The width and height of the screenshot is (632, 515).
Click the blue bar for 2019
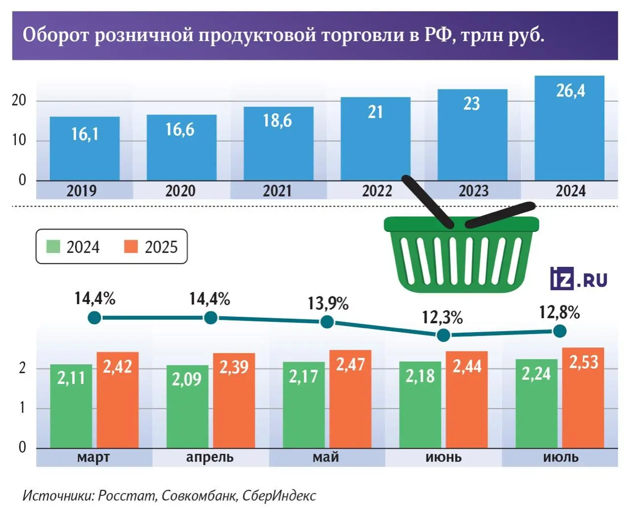[x=84, y=148]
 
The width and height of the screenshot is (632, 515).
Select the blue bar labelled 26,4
[x=569, y=129]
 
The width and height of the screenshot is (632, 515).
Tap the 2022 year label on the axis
[x=377, y=191]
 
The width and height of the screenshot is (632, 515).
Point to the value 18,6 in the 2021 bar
[x=277, y=120]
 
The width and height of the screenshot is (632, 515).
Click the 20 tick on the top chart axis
[x=19, y=100]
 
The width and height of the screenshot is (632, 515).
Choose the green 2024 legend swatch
[x=53, y=246]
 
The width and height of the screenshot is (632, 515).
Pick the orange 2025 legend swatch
[x=131, y=246]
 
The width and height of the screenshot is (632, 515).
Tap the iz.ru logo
[x=578, y=279]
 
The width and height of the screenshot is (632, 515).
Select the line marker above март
[x=94, y=317]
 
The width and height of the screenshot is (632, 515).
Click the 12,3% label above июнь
[x=442, y=317]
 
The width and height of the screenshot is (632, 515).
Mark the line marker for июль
[x=559, y=331]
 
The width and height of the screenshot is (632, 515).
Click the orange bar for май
[x=350, y=400]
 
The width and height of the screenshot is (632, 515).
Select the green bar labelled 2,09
[x=187, y=408]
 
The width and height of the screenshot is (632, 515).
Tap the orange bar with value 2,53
[x=583, y=398]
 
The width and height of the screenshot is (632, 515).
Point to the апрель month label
[x=210, y=457]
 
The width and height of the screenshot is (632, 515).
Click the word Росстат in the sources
[x=127, y=495]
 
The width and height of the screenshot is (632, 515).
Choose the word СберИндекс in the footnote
[x=279, y=495]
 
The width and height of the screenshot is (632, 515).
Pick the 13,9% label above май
[x=328, y=303]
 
